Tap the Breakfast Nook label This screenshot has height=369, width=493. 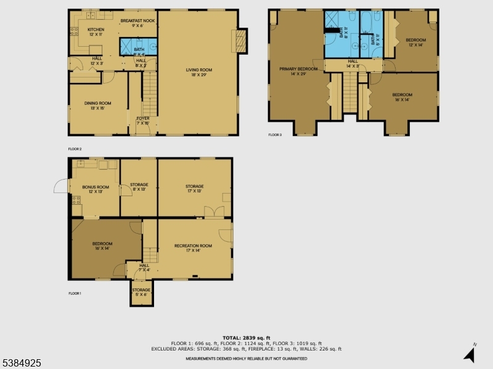(137, 23)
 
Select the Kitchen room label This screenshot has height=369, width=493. (96, 31)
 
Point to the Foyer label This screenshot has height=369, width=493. (142, 121)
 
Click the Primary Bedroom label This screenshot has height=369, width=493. (298, 71)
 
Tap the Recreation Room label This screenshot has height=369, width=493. (193, 248)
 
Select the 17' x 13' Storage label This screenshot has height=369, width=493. (195, 189)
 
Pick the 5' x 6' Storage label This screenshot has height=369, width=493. (141, 292)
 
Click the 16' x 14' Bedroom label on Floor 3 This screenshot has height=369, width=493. (404, 97)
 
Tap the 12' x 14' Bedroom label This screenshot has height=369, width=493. (415, 42)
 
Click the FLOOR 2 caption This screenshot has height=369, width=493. (75, 149)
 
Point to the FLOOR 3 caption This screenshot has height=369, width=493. (275, 135)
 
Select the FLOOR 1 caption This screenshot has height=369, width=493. (75, 294)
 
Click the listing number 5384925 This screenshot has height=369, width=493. (22, 363)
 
